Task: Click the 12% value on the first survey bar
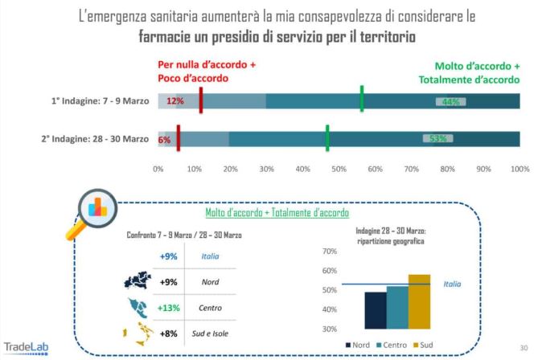point(175,101)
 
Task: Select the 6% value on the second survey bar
point(165,139)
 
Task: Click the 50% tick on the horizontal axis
point(339,169)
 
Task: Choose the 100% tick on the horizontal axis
point(519,169)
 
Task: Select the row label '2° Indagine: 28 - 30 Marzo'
point(95,138)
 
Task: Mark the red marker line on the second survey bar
point(178,137)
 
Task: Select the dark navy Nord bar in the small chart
point(376,310)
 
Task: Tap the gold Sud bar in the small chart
point(419,301)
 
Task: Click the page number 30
point(523,347)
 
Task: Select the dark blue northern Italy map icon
point(137,281)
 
